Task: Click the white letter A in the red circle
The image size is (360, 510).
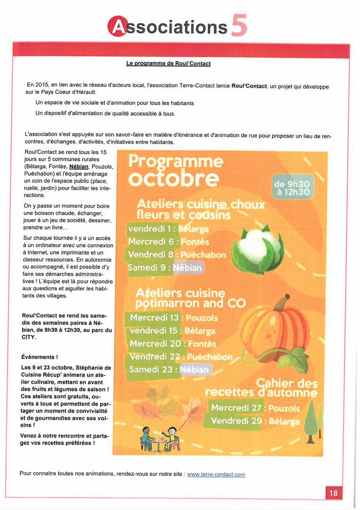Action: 117,26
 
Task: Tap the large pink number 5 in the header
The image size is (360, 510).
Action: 239,25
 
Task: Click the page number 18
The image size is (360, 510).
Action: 333,493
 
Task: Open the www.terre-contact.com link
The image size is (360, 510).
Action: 216,474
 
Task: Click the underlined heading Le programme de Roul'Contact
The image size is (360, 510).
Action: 168,63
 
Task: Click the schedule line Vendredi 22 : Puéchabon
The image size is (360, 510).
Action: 181,356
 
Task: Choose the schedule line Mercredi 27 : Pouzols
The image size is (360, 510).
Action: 255,408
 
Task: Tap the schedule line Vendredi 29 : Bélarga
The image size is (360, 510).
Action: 255,421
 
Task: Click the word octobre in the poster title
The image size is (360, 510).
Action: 174,179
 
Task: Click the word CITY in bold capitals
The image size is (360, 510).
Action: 29,337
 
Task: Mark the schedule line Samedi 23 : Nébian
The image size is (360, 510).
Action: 169,369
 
